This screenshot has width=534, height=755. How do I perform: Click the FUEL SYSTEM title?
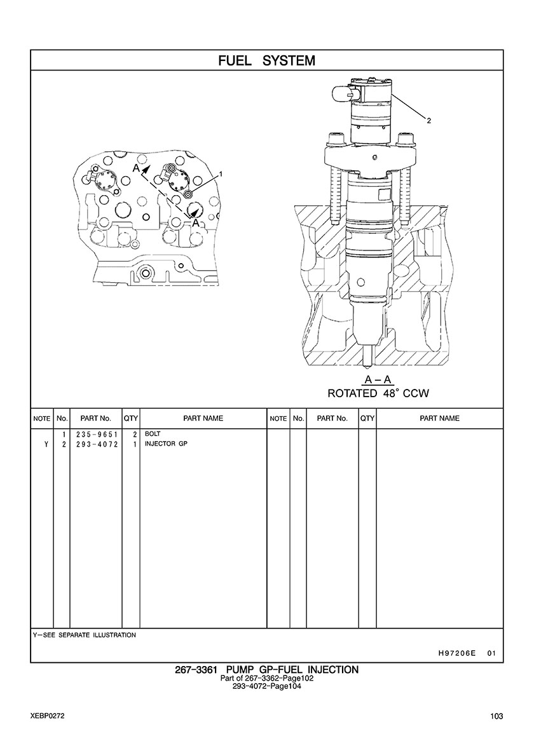(x=267, y=60)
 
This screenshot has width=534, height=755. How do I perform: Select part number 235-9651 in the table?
(x=97, y=434)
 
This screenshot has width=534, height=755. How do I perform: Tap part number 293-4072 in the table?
(x=97, y=444)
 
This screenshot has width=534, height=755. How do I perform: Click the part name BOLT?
(x=153, y=434)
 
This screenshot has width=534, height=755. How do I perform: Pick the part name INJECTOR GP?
(x=166, y=444)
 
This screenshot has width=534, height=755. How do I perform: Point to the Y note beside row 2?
(x=46, y=444)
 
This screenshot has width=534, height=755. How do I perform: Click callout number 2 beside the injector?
(x=428, y=121)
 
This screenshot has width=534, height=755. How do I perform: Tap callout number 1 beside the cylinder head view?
(x=221, y=173)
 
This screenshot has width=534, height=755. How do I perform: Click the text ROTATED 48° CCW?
(x=378, y=393)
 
